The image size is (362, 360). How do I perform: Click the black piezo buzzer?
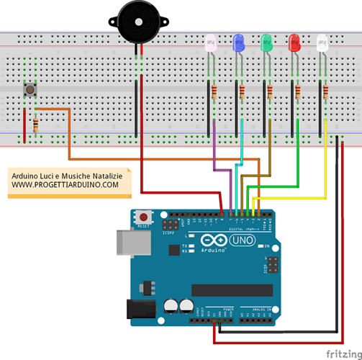[137, 21]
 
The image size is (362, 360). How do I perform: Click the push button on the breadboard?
[31, 90]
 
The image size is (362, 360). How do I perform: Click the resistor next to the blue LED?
[242, 92]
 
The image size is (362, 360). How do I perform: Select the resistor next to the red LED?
[298, 92]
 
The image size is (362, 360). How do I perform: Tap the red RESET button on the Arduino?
[146, 216]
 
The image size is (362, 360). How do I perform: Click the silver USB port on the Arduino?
[128, 242]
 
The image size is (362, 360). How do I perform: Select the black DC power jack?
[139, 308]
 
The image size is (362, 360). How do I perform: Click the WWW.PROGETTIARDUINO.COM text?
[65, 185]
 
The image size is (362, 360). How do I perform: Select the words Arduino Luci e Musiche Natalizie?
[66, 176]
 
